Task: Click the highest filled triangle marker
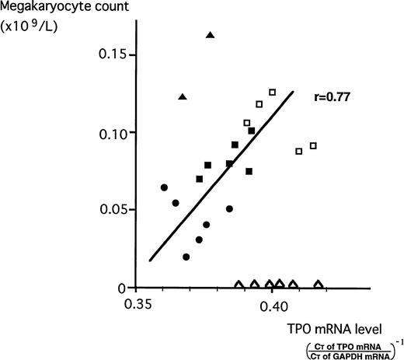pyautogui.click(x=210, y=35)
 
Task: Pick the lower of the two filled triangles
pyautogui.click(x=183, y=96)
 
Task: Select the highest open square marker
pyautogui.click(x=272, y=92)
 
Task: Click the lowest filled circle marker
pyautogui.click(x=186, y=257)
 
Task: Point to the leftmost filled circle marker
pyautogui.click(x=164, y=187)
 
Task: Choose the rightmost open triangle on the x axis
pyautogui.click(x=318, y=284)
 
